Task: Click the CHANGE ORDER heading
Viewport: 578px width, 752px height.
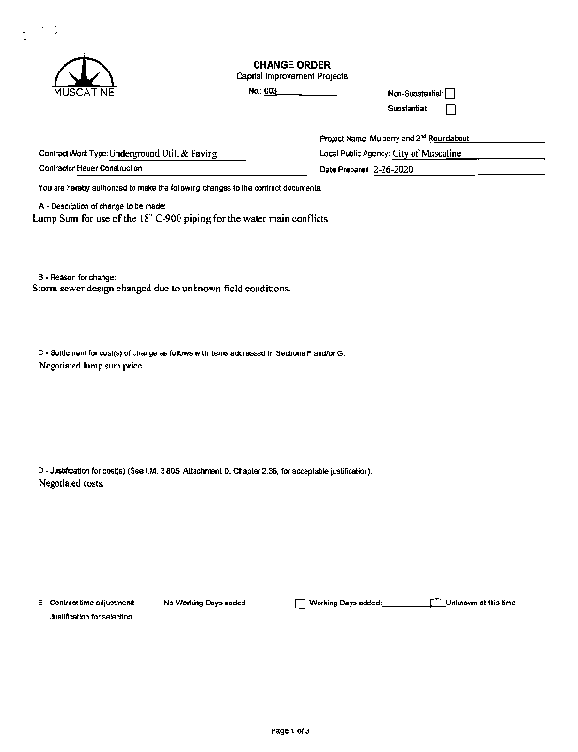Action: click(x=291, y=64)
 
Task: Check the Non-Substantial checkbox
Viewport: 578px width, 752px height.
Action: click(x=450, y=94)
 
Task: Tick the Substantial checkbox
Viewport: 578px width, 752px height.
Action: click(x=450, y=109)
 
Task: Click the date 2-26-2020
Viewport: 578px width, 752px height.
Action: click(x=392, y=170)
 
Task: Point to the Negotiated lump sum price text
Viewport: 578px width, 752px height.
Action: click(x=91, y=365)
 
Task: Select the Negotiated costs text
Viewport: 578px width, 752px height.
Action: click(x=71, y=483)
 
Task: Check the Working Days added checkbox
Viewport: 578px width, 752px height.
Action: click(x=301, y=603)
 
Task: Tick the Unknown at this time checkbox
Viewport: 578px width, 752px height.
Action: click(x=435, y=603)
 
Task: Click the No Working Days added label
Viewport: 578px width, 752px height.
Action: click(x=205, y=603)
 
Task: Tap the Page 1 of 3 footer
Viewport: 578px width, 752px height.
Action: click(x=290, y=730)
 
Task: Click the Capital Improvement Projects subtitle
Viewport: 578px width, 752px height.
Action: click(x=291, y=76)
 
